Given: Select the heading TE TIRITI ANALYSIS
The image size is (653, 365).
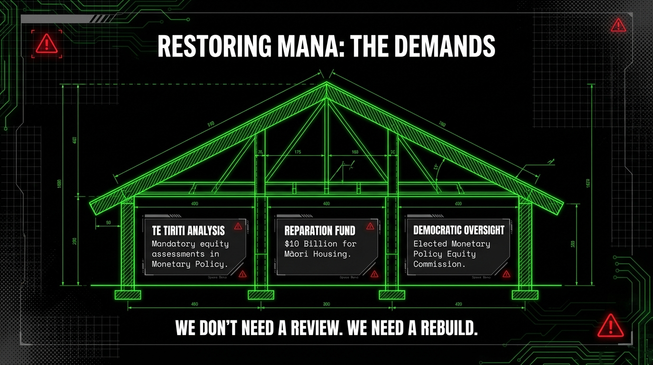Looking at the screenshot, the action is coord(188,231).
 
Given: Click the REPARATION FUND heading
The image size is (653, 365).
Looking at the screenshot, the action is coord(320,231).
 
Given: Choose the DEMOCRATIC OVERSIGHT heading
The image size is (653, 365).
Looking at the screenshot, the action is coord(458,230).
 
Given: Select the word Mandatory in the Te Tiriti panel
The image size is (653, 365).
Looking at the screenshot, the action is coord(173,244).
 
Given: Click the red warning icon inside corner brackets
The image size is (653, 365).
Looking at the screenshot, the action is coord(47,45).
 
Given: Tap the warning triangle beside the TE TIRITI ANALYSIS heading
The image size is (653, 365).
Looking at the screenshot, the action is coord(238,226).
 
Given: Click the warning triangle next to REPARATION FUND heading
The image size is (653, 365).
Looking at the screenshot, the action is coord(370,226).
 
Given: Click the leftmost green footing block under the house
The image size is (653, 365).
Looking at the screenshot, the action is coord(128,295).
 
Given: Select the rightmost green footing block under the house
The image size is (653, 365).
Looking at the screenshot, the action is coord(525,295).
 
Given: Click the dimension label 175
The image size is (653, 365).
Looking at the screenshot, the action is coord(298,152).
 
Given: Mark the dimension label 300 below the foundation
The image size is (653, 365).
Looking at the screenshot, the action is coord(326,304).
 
